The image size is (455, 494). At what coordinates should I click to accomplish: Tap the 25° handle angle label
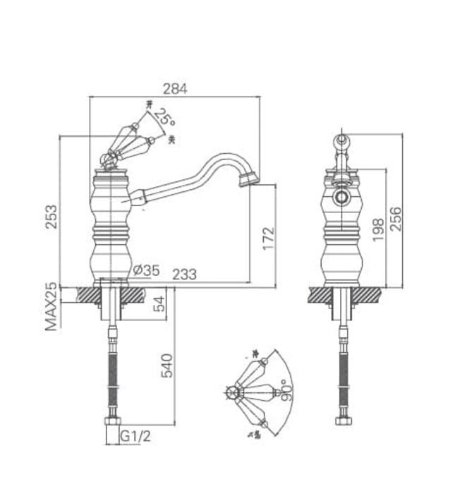tap(165, 117)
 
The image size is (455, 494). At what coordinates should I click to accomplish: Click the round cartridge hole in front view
tap(342, 197)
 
